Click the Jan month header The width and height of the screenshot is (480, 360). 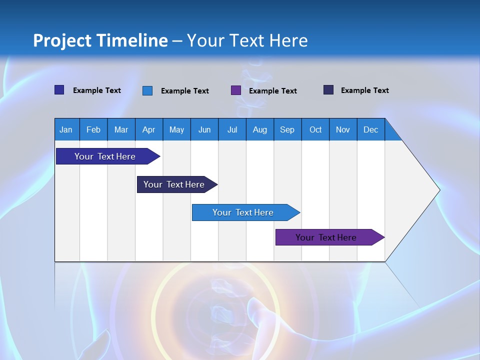pos(66,129)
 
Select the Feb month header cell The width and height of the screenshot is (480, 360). pos(93,129)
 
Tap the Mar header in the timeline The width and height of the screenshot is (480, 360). pos(121,129)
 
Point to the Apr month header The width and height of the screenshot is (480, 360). pos(149,129)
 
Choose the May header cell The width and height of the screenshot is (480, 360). pos(176,129)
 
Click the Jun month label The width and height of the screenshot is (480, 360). pos(204,129)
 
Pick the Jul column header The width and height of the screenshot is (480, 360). pos(232,129)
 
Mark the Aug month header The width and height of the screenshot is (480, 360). pos(260,129)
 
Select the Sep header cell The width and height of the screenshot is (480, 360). pos(287,129)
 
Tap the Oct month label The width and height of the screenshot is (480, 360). pos(315,129)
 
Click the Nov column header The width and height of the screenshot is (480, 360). pos(343,129)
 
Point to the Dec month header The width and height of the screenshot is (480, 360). pos(371,129)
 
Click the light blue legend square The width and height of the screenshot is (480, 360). pos(147,90)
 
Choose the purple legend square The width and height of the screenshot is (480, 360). pos(236,90)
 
